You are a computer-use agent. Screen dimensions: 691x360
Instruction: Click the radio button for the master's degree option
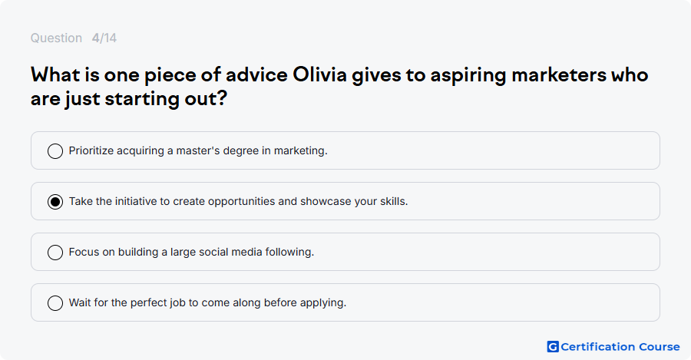tap(55, 150)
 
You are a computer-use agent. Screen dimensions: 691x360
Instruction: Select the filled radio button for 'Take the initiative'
tap(55, 202)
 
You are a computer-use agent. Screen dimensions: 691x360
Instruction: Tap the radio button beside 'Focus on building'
tap(55, 253)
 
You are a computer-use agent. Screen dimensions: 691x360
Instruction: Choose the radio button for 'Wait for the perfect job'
tap(55, 303)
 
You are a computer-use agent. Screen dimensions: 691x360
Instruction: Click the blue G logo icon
tap(553, 347)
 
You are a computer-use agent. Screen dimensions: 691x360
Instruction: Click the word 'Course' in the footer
tap(660, 347)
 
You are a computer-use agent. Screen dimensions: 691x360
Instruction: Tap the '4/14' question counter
tap(104, 38)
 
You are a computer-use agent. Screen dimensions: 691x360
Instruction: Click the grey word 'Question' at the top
tap(56, 38)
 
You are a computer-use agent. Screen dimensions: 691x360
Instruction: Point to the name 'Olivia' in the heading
tap(320, 75)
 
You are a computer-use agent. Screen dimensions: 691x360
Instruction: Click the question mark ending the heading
tap(222, 97)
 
